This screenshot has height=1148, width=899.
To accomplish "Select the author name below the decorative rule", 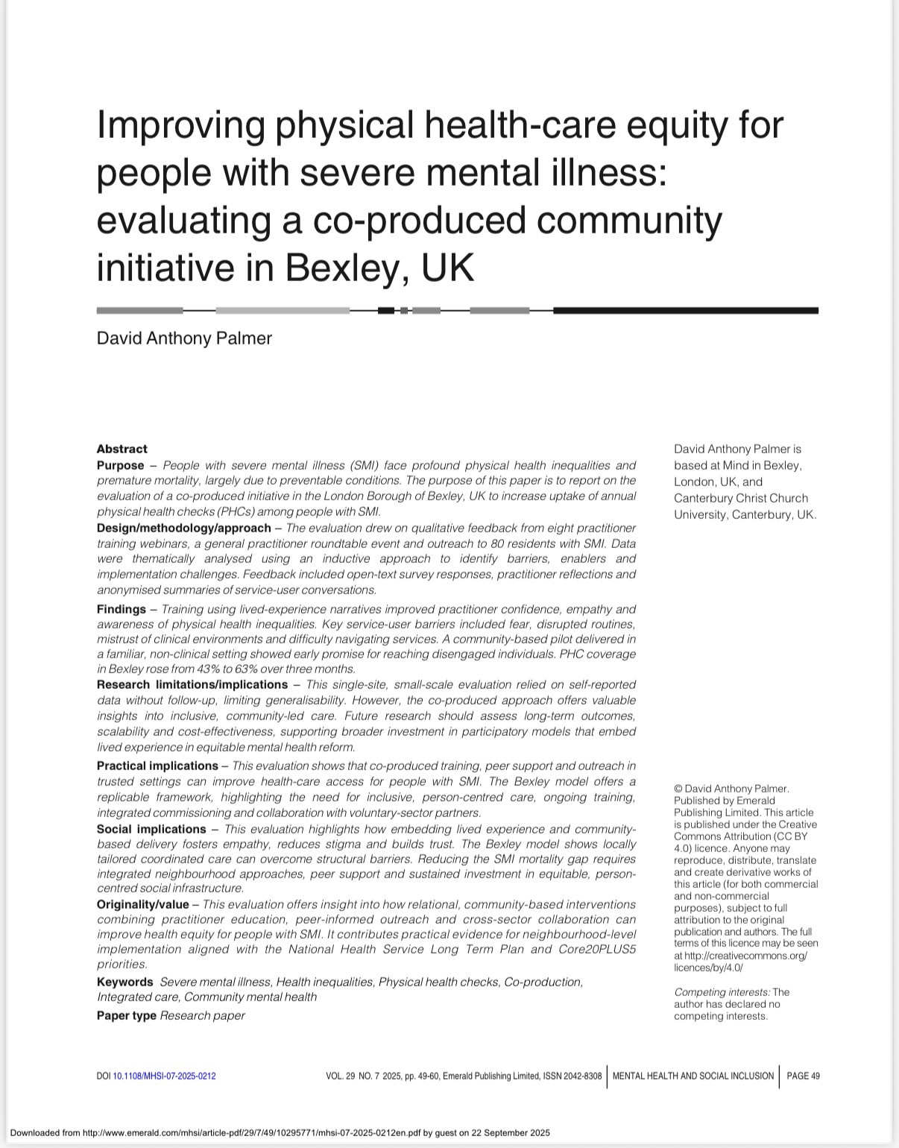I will tap(184, 338).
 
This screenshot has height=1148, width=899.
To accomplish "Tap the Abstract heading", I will tap(122, 449).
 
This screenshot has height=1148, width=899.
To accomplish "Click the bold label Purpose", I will tap(120, 465).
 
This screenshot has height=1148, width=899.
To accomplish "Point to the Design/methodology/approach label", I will tap(183, 528).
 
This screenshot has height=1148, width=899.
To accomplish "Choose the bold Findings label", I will tap(121, 609).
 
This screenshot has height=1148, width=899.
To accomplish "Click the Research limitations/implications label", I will tap(192, 684).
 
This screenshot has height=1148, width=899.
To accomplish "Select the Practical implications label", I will tap(157, 766).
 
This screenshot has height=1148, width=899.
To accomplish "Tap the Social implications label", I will tap(151, 829).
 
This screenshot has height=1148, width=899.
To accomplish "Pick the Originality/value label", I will tap(142, 904).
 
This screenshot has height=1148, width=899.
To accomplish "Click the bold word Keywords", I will tap(124, 982).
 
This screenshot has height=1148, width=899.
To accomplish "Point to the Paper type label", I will tap(126, 1015).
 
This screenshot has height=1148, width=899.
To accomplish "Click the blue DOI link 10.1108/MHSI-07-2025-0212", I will tap(164, 1076).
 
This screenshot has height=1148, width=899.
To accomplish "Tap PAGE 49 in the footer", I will tap(803, 1076).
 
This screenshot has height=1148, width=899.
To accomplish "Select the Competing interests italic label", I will tap(722, 992).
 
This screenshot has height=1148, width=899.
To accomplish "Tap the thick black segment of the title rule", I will tap(685, 310).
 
